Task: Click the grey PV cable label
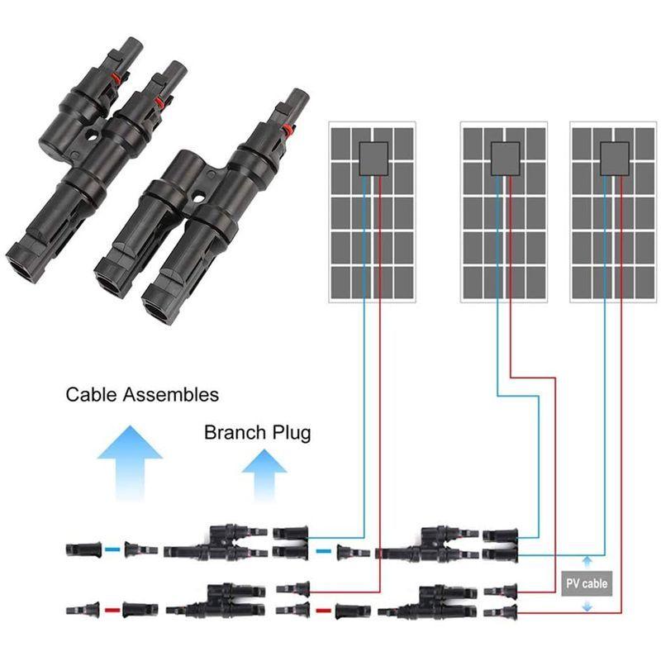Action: click(x=586, y=583)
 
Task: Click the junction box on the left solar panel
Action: click(x=373, y=157)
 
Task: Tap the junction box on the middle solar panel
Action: click(x=503, y=157)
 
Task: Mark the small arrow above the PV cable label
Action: click(x=587, y=561)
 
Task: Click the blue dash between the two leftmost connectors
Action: click(x=112, y=549)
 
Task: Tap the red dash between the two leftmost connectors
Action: click(x=112, y=611)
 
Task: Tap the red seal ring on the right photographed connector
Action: click(x=288, y=130)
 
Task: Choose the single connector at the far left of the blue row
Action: click(x=81, y=549)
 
